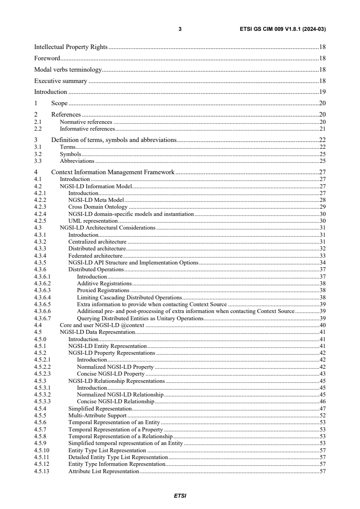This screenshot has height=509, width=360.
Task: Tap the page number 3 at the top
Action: click(x=180, y=29)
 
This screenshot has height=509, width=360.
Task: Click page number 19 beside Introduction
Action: click(x=322, y=92)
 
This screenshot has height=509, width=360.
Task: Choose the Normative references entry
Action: click(x=86, y=122)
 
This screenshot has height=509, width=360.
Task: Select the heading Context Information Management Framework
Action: click(x=113, y=172)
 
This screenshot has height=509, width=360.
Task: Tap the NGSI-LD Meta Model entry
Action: click(x=96, y=200)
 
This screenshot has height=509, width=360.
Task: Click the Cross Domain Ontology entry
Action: click(x=98, y=207)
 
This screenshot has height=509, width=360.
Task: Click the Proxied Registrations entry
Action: click(x=103, y=290)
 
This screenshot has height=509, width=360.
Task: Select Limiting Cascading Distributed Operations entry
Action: click(x=129, y=297)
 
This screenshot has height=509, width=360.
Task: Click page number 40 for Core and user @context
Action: click(x=322, y=325)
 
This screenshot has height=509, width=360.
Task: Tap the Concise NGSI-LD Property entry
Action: click(x=111, y=374)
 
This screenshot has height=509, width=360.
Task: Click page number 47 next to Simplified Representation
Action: click(x=322, y=408)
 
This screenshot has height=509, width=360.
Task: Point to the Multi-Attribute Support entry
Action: click(x=97, y=415)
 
